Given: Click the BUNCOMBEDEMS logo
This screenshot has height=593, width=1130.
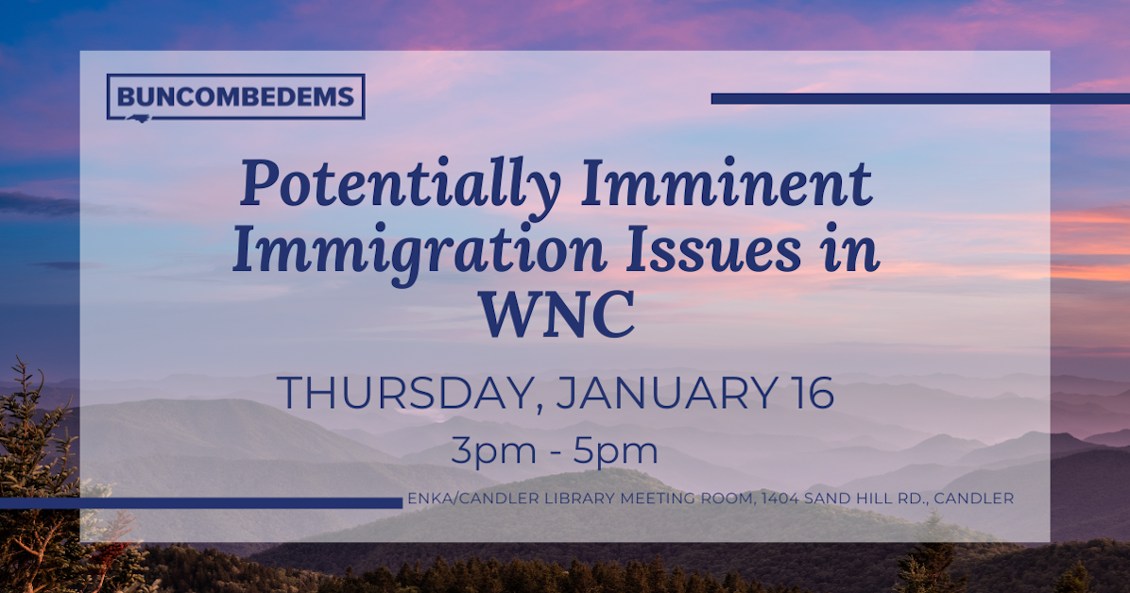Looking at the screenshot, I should pos(235,96).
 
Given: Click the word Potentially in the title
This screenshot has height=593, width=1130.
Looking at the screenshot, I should pos(400,185).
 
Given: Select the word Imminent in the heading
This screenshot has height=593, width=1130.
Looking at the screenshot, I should pos(726,183).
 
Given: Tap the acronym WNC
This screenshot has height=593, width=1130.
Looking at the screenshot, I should pos(556,316).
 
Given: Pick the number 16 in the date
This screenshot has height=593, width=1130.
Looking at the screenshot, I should pos(808,393).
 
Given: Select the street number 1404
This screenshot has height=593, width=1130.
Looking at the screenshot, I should pos(781,499).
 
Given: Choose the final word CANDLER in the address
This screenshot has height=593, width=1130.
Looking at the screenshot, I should pos(976,499).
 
